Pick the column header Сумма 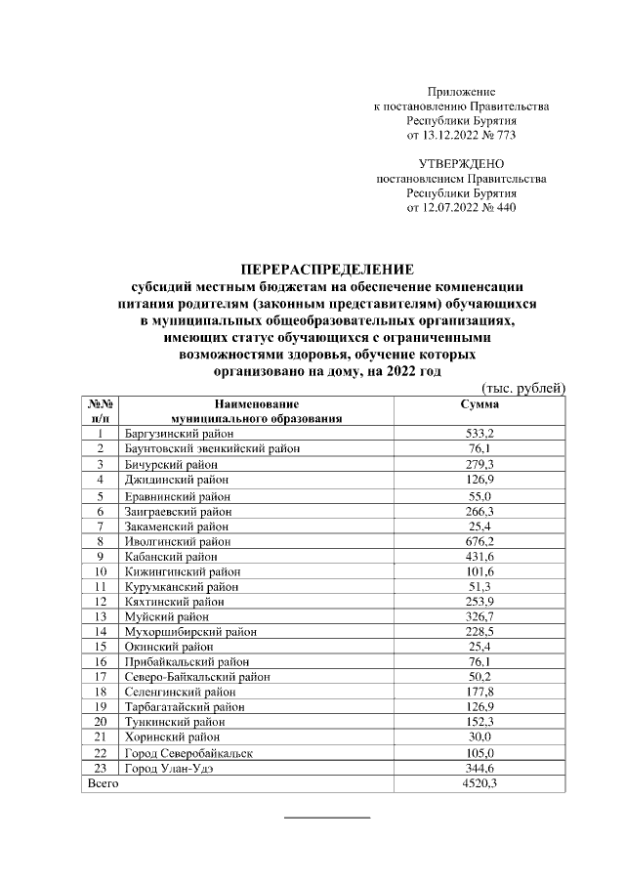tap(479, 403)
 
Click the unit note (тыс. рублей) tap(524, 388)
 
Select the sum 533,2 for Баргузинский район tap(479, 433)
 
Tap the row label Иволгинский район tap(172, 541)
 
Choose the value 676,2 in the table tap(479, 541)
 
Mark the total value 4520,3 tap(479, 784)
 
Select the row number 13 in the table tap(100, 616)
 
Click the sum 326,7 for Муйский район tap(479, 616)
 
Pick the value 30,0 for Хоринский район tap(479, 737)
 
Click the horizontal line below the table tap(326, 816)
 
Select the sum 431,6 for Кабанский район tap(479, 556)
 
